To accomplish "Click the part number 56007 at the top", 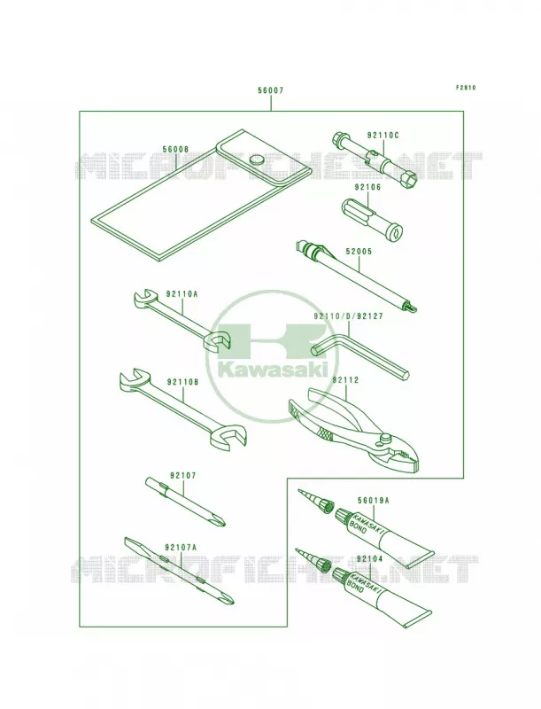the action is [x=271, y=90].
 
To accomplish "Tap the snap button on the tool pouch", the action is [x=258, y=159].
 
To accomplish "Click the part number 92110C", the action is [x=383, y=135].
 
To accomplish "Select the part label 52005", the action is [x=359, y=252].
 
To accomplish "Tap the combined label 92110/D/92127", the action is [x=348, y=316].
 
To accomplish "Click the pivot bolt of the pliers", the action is [x=385, y=439].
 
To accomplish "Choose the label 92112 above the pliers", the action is [x=345, y=380].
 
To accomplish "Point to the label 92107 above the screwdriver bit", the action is [x=183, y=476].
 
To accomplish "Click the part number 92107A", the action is [x=182, y=547].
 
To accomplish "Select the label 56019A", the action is [x=374, y=500].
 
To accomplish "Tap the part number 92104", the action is [x=369, y=559].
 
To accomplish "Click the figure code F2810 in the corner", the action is [x=466, y=88].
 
